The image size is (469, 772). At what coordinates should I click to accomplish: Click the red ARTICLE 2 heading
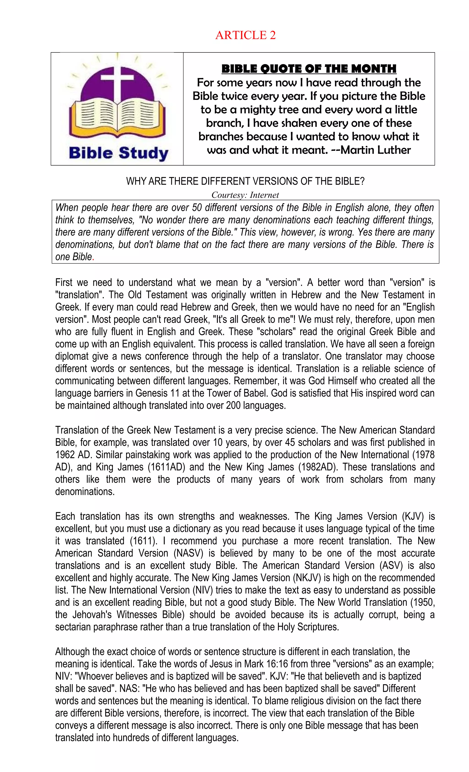click(x=245, y=35)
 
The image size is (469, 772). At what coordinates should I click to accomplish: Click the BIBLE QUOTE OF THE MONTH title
click(x=308, y=69)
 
